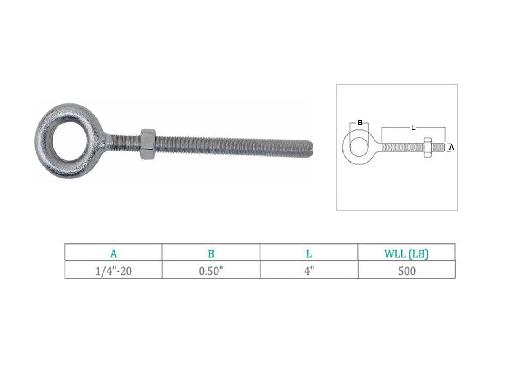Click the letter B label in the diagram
coord(360,123)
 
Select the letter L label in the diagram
coord(413,128)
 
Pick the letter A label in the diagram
coord(451,147)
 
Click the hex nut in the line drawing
coord(428,147)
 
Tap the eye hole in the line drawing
coord(359,147)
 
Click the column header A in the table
coord(113,254)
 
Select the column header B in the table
coord(211,254)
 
